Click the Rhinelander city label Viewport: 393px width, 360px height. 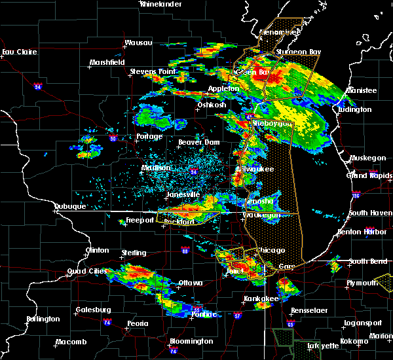(160, 4)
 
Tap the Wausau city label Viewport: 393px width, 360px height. (138, 43)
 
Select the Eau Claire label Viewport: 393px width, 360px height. (17, 52)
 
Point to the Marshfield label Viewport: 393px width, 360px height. (107, 63)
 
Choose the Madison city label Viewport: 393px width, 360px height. (155, 168)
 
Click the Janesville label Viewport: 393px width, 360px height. (183, 194)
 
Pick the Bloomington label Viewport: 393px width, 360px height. (191, 341)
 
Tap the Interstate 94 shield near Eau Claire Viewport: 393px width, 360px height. (38, 86)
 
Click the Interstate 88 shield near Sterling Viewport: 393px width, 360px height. (185, 250)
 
